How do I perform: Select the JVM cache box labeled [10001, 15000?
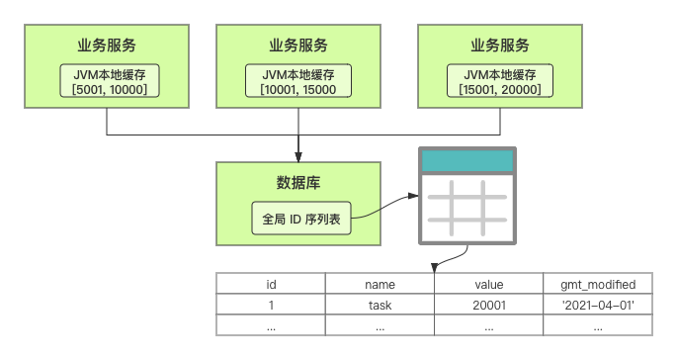click(x=298, y=81)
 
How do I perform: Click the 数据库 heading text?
click(x=298, y=183)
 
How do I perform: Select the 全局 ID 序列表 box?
click(x=301, y=219)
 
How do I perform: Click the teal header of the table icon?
click(x=467, y=161)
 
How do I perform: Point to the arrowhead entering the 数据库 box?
click(x=298, y=157)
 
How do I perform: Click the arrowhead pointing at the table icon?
click(x=413, y=196)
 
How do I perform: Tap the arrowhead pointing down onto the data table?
click(x=435, y=267)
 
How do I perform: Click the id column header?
click(x=271, y=284)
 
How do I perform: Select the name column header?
click(x=380, y=284)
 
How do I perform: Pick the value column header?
click(x=489, y=284)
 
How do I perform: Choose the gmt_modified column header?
click(x=598, y=284)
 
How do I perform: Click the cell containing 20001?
click(x=489, y=305)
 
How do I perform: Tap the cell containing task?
click(x=380, y=305)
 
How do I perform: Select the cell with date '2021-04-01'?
click(x=598, y=305)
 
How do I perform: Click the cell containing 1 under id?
click(x=271, y=305)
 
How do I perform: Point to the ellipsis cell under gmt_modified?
click(x=598, y=325)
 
